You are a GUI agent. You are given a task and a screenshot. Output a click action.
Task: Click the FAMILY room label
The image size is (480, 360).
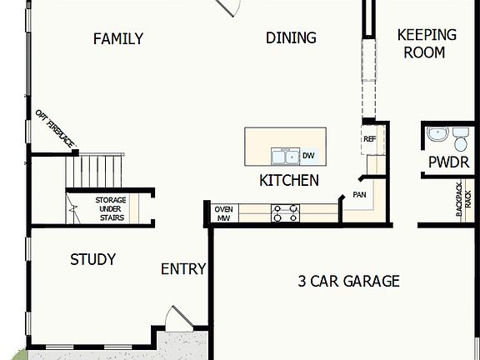(117, 38)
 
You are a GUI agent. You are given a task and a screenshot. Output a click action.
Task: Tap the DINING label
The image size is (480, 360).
(291, 37)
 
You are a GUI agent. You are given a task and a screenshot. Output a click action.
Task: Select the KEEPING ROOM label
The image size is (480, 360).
(427, 43)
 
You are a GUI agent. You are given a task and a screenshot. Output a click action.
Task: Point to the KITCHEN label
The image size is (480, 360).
(288, 180)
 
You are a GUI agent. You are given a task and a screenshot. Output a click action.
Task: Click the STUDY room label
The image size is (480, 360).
(92, 259)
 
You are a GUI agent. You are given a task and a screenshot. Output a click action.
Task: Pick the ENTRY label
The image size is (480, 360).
(182, 268)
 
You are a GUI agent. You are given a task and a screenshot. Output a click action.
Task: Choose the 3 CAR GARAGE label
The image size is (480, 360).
(348, 281)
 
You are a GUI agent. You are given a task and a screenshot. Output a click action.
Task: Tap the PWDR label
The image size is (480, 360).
(449, 162)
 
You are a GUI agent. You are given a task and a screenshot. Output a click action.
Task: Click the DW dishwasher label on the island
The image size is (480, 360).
(307, 156)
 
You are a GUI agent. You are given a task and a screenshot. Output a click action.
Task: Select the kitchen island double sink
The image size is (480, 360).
(284, 156)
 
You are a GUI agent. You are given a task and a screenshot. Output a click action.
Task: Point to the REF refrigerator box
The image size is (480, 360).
(370, 139)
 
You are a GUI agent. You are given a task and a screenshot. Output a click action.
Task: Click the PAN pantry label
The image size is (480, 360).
(359, 194)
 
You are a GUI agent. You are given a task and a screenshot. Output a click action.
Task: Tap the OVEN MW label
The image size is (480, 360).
(223, 213)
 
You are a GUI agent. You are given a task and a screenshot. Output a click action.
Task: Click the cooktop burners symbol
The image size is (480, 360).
(284, 213)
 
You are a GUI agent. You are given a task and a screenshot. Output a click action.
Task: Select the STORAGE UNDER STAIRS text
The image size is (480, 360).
(109, 209)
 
